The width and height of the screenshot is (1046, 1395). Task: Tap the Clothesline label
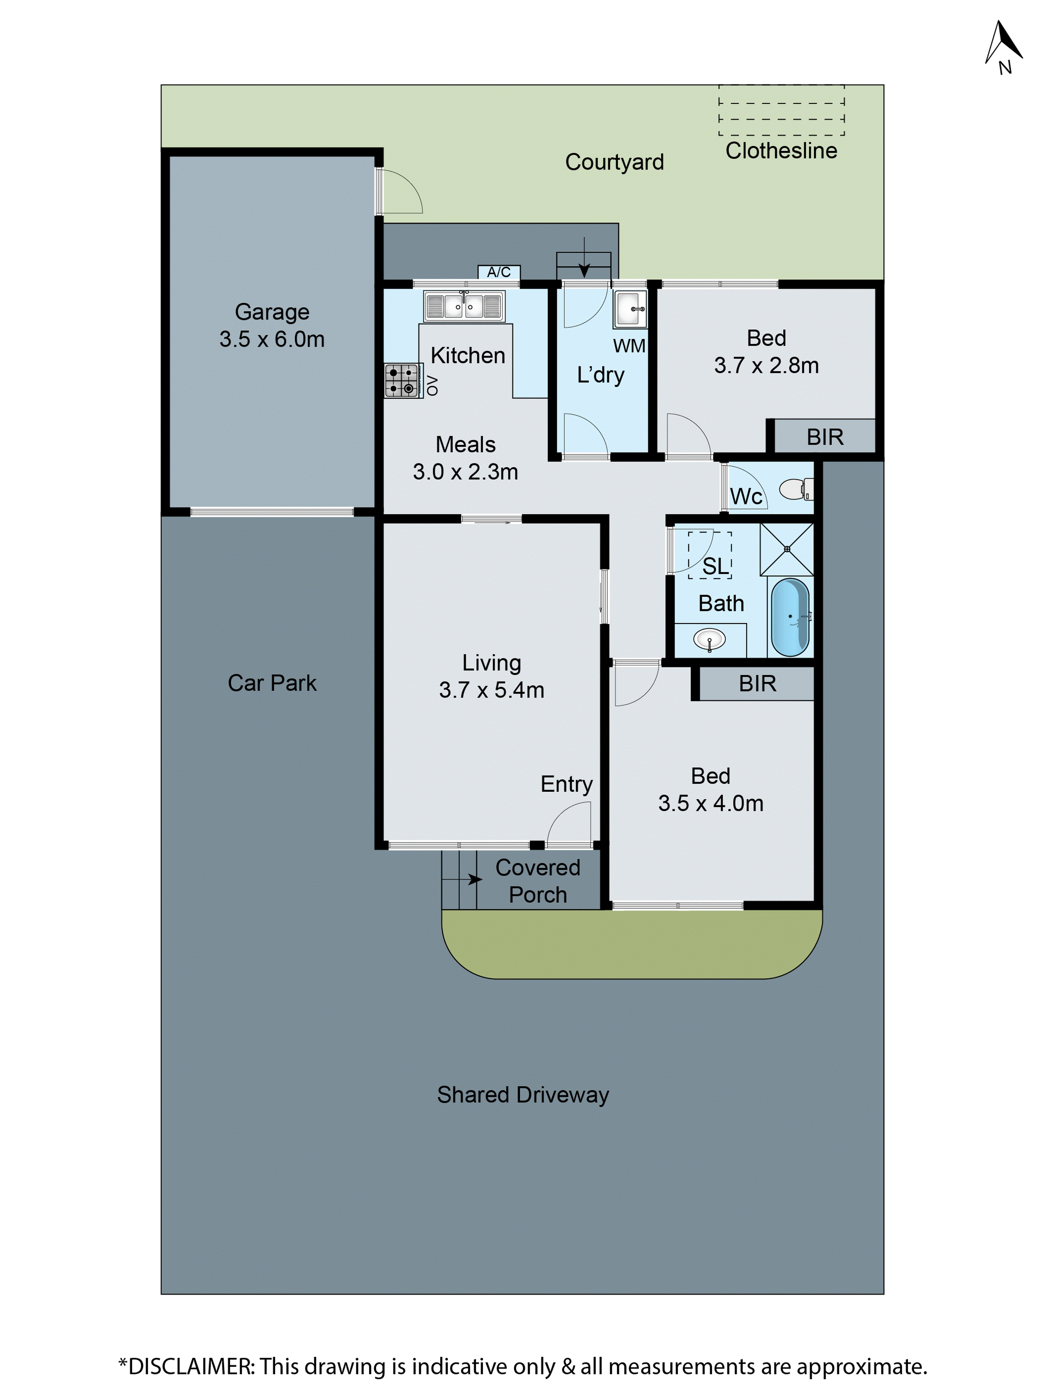click(x=781, y=151)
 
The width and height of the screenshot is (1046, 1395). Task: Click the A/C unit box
click(x=499, y=272)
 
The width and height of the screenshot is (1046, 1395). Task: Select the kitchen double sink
click(x=464, y=307)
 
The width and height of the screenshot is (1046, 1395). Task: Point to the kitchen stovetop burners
click(x=402, y=380)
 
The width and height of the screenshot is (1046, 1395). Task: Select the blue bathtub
click(x=790, y=617)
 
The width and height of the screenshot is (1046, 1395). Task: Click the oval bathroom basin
click(x=709, y=640)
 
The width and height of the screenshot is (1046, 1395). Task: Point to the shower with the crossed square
click(x=787, y=549)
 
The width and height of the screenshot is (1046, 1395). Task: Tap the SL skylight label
click(x=715, y=566)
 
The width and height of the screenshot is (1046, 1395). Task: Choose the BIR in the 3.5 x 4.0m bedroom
click(x=757, y=683)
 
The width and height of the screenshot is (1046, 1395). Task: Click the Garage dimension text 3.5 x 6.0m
click(x=272, y=339)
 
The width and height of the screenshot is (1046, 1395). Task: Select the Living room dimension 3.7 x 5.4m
click(x=491, y=690)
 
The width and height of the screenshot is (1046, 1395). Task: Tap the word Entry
click(x=566, y=784)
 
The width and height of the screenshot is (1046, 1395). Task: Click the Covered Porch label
click(x=538, y=881)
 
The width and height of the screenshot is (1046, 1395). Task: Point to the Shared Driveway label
click(x=523, y=1095)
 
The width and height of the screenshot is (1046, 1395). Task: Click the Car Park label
click(x=272, y=683)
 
